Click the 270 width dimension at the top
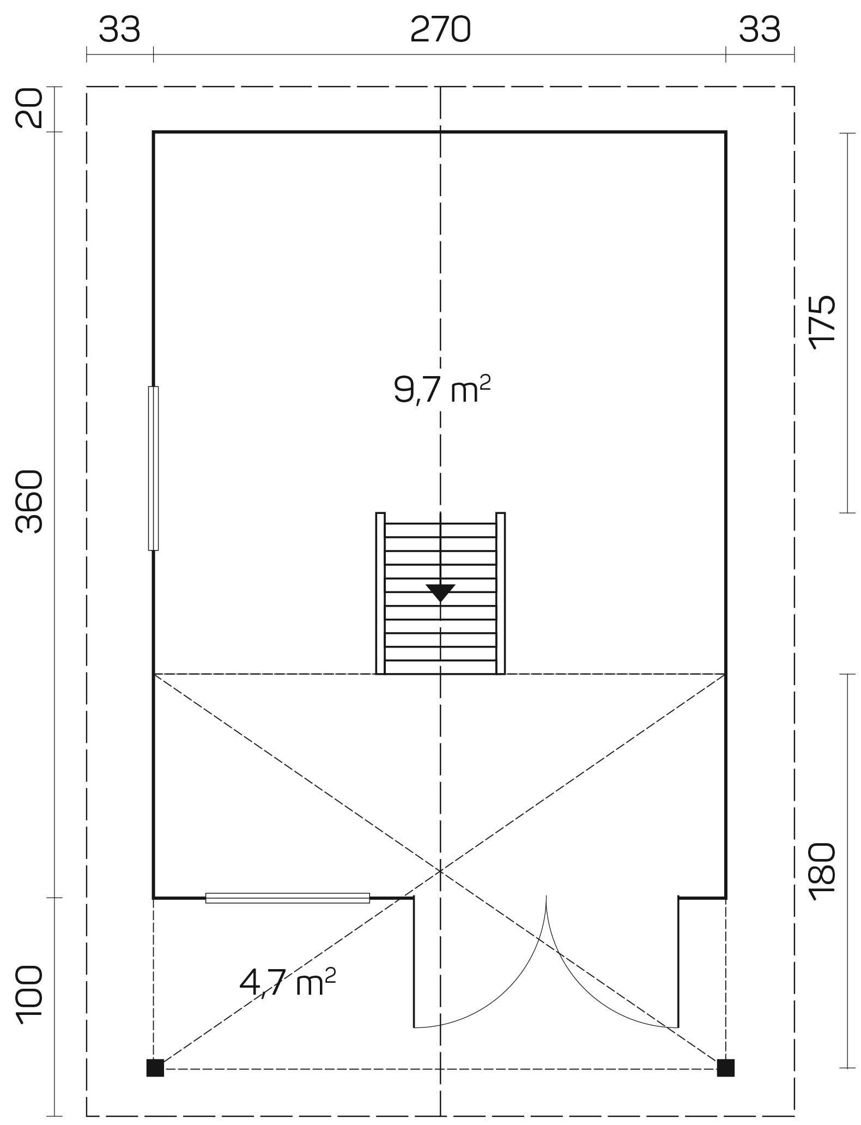[x=440, y=29]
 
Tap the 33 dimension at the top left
[x=119, y=29]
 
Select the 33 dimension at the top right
[x=760, y=29]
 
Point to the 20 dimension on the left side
[x=29, y=108]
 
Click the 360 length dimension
[x=29, y=501]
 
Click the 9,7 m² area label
[x=442, y=389]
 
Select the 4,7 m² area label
[x=287, y=982]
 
